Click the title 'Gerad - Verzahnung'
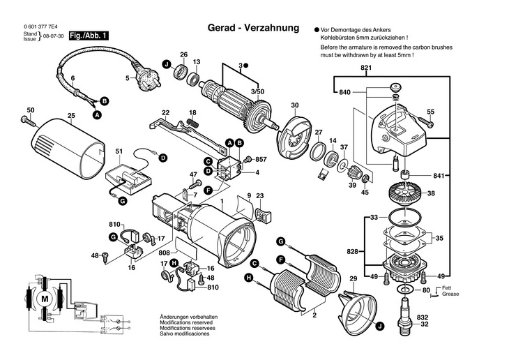253,29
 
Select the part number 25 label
71,115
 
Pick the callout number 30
295,105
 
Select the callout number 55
430,112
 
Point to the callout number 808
164,253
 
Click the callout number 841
438,175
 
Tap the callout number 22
166,113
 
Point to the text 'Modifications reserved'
183,324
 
